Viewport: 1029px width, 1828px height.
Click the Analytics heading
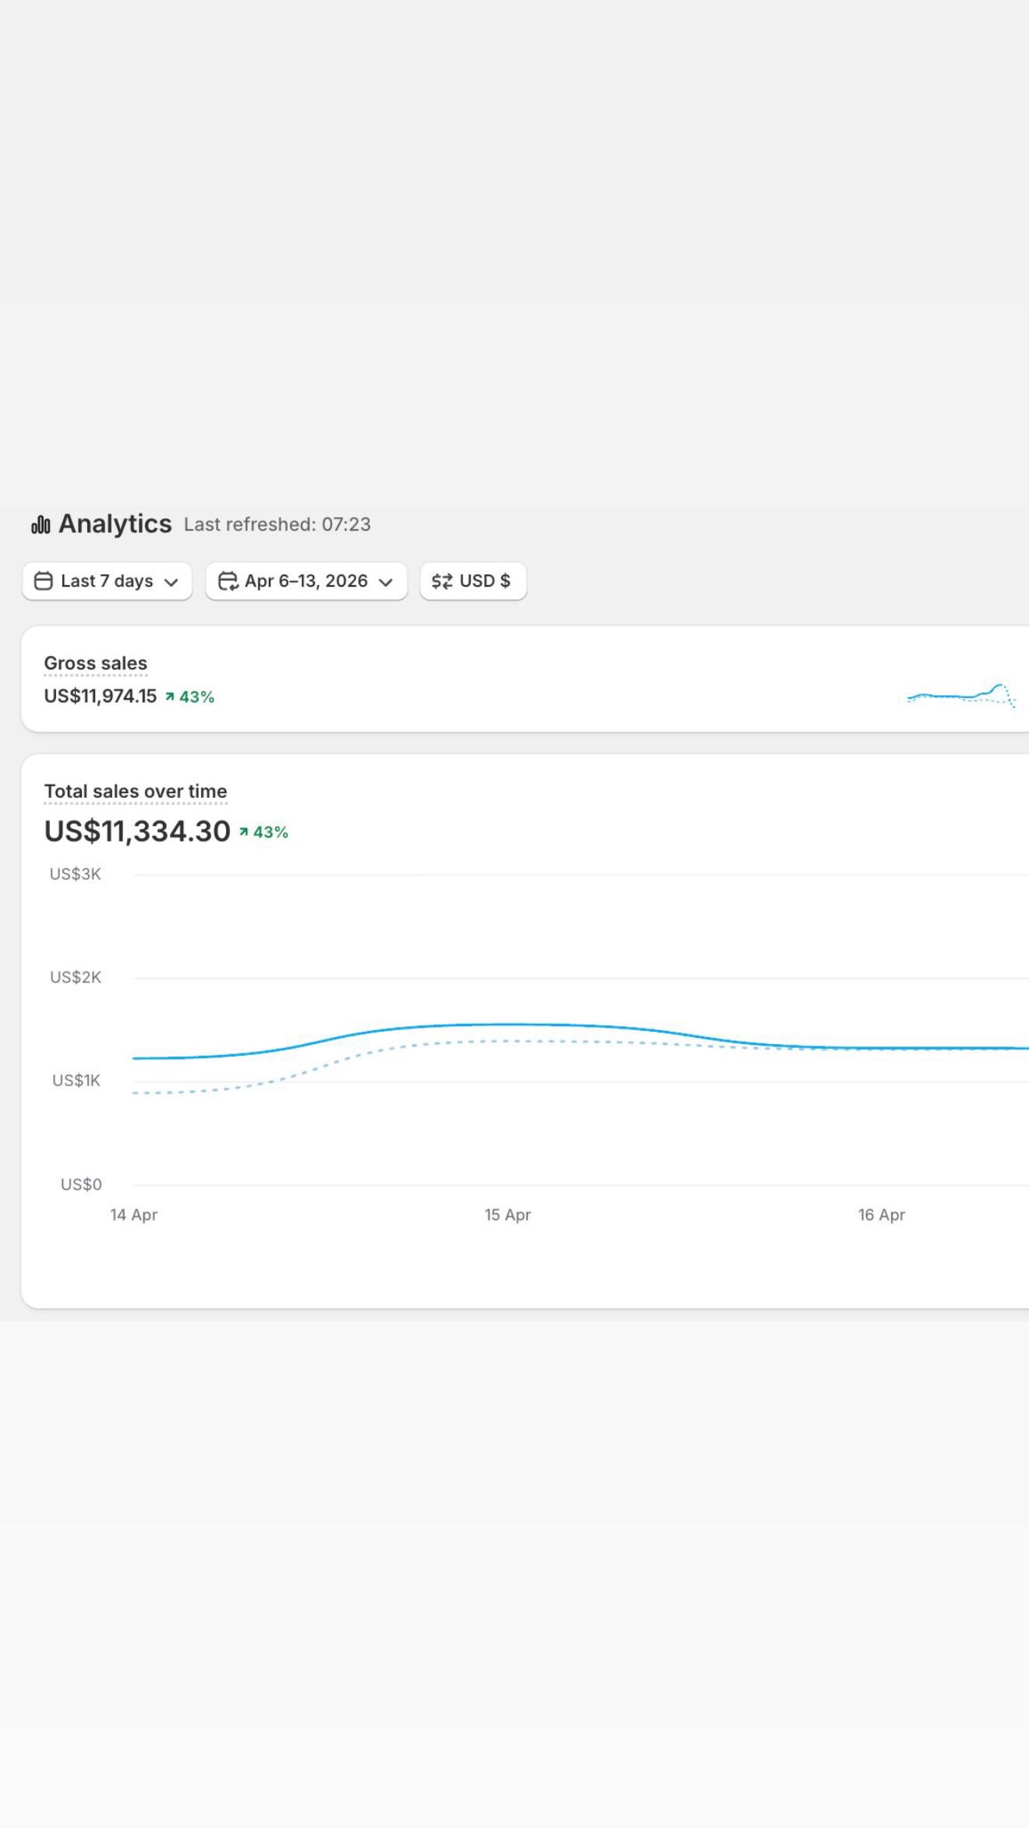(115, 524)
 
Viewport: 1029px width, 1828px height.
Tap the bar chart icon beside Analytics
(41, 525)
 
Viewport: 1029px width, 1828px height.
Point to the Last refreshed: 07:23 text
(278, 524)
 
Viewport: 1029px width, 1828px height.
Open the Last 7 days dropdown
(107, 581)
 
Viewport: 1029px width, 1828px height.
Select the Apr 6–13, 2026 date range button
(306, 581)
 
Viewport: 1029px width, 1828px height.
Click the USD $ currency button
(473, 581)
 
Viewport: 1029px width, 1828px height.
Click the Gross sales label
(96, 663)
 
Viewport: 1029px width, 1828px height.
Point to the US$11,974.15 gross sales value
(101, 697)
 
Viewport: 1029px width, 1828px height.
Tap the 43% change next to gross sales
(189, 697)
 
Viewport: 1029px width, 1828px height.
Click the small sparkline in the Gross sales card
(961, 695)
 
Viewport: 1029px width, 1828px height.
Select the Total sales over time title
(136, 792)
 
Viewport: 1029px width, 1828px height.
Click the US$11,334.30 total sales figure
(137, 831)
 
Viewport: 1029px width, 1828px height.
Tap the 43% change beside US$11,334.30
(263, 832)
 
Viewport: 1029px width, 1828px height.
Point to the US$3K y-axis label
(76, 874)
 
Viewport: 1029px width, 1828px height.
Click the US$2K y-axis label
(76, 977)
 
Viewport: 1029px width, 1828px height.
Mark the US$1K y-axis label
(76, 1081)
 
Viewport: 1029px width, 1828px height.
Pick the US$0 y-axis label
(81, 1184)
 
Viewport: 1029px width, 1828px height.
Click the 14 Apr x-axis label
(134, 1215)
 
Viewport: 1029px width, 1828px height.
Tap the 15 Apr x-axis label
(507, 1215)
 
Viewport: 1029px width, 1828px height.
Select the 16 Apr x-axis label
(882, 1215)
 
